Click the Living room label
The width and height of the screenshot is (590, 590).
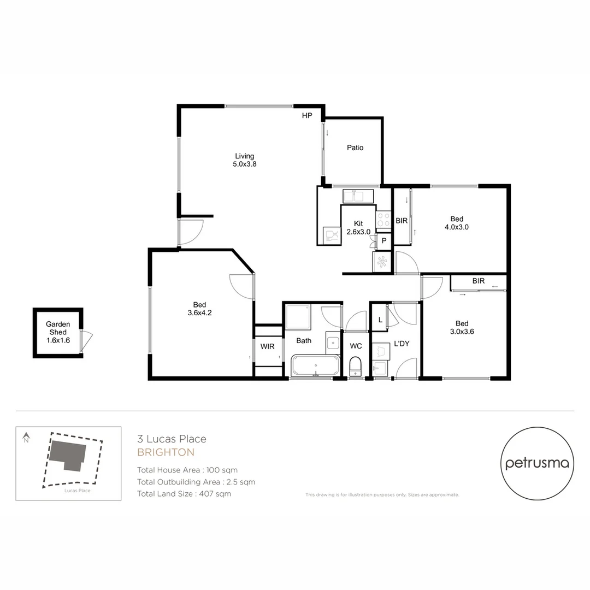244,160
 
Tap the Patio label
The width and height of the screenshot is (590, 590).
355,147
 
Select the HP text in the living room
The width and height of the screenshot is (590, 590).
307,116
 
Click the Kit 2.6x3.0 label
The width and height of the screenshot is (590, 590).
358,227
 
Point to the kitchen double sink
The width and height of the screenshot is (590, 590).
358,196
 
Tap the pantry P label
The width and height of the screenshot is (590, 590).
384,240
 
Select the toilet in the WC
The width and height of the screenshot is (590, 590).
356,365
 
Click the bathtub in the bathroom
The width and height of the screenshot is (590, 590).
315,365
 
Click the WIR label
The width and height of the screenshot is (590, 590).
267,346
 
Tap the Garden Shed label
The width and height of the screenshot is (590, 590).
58,332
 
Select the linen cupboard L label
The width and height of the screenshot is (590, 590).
380,320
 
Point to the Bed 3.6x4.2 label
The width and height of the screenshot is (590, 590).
199,309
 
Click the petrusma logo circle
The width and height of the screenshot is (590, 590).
537,463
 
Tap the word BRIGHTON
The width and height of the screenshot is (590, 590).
166,452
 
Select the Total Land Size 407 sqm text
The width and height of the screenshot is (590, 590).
184,494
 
